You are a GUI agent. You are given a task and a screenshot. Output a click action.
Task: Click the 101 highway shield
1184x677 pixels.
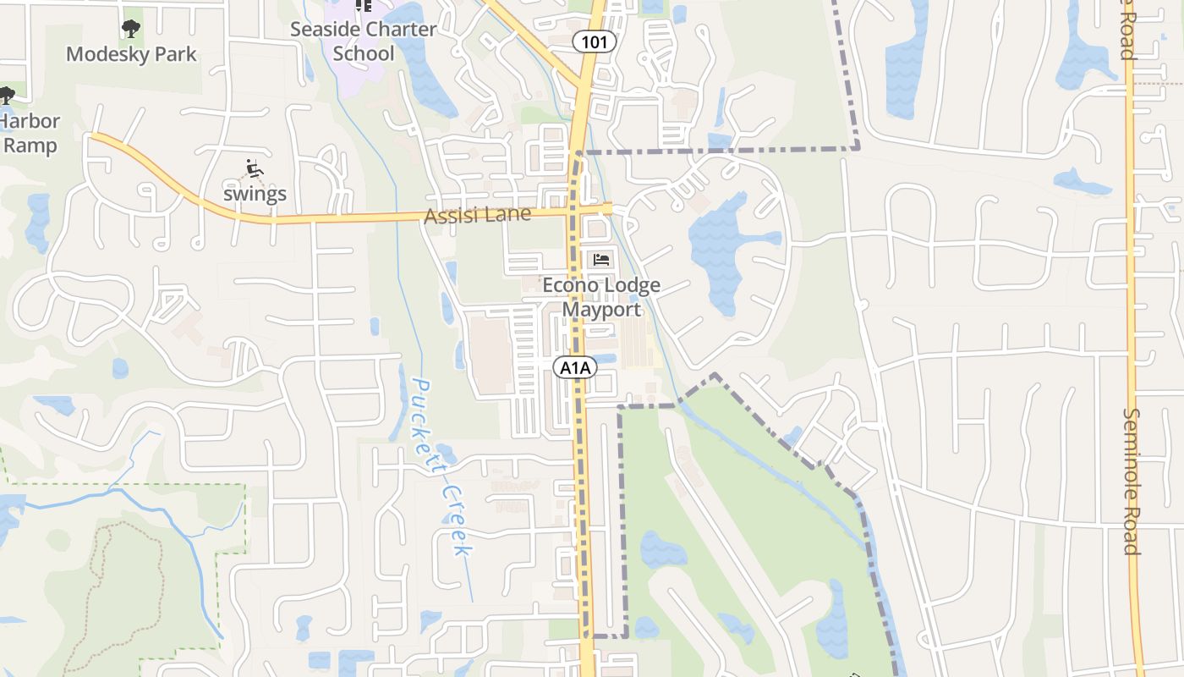pyautogui.click(x=594, y=41)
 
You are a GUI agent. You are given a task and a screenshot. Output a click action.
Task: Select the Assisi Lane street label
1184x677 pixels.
pyautogui.click(x=477, y=215)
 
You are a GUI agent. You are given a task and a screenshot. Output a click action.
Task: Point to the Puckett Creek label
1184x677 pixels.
pyautogui.click(x=441, y=467)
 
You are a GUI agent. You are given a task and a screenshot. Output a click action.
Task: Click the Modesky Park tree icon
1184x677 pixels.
pyautogui.click(x=130, y=30)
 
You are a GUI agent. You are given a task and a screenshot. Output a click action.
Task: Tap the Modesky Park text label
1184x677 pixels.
pyautogui.click(x=131, y=54)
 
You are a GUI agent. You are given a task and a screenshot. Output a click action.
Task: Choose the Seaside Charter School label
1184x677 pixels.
pyautogui.click(x=364, y=41)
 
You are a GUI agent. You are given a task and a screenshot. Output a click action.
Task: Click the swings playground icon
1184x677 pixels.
pyautogui.click(x=254, y=168)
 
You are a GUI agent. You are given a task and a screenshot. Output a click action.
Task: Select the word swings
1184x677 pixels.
pyautogui.click(x=255, y=194)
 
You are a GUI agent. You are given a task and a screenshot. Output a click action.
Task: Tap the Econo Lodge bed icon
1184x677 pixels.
pyautogui.click(x=601, y=260)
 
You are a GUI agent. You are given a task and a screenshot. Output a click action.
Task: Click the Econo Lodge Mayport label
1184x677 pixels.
pyautogui.click(x=601, y=297)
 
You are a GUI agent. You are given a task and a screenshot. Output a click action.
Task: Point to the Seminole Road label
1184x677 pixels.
pyautogui.click(x=1132, y=481)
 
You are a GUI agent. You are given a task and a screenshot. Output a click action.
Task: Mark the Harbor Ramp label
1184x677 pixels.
pyautogui.click(x=30, y=133)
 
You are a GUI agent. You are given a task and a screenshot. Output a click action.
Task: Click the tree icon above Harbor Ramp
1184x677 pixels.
pyautogui.click(x=6, y=95)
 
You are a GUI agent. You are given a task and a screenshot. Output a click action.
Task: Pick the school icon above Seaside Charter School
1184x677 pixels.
pyautogui.click(x=364, y=5)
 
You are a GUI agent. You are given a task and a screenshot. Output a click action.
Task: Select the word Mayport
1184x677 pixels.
pyautogui.click(x=602, y=310)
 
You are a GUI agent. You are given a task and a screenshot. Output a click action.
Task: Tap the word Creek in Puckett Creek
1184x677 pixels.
pyautogui.click(x=457, y=520)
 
